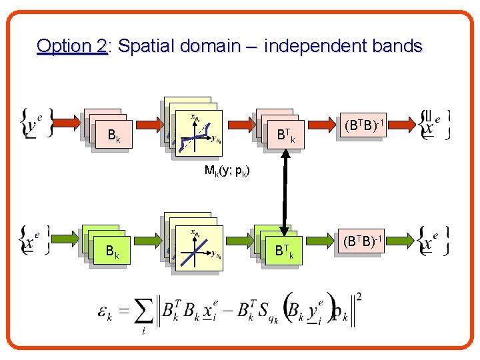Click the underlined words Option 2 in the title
(x=72, y=46)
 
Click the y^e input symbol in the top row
(x=33, y=125)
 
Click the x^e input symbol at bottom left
(x=33, y=241)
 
